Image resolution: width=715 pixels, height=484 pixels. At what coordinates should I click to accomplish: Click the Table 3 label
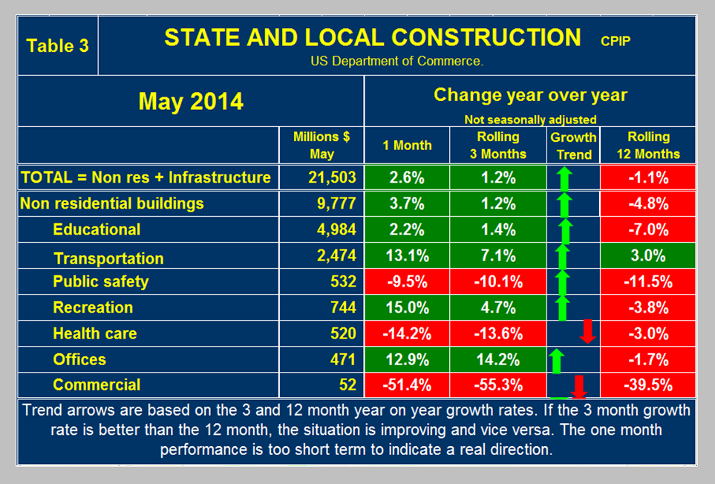pyautogui.click(x=58, y=45)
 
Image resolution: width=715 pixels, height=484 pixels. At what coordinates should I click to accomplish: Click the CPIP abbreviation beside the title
pyautogui.click(x=616, y=41)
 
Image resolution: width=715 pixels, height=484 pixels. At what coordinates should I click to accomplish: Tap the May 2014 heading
pyautogui.click(x=191, y=101)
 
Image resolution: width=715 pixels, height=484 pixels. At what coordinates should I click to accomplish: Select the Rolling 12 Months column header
pyautogui.click(x=647, y=145)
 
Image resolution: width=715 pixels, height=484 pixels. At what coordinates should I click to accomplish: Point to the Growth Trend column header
pyautogui.click(x=573, y=145)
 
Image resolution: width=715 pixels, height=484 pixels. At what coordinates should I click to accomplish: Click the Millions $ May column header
pyautogui.click(x=322, y=145)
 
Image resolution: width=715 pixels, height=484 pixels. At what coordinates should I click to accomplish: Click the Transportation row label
pyautogui.click(x=108, y=258)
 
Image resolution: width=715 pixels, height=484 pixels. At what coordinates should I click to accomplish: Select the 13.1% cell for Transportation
pyautogui.click(x=407, y=256)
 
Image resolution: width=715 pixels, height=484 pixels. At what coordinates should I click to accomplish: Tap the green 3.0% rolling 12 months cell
pyautogui.click(x=648, y=256)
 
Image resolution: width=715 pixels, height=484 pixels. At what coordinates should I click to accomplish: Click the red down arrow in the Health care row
pyautogui.click(x=587, y=331)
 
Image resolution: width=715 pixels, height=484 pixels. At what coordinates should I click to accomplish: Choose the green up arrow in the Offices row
pyautogui.click(x=556, y=362)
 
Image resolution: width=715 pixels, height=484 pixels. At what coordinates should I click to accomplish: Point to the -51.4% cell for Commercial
pyautogui.click(x=407, y=385)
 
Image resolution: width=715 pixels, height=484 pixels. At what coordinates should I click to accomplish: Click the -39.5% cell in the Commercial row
pyautogui.click(x=648, y=385)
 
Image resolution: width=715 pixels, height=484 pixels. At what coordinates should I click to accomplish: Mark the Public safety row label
pyautogui.click(x=101, y=282)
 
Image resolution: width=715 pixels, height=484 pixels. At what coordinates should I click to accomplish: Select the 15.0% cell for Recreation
pyautogui.click(x=407, y=307)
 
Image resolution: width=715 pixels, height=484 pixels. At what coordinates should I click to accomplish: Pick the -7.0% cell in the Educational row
pyautogui.click(x=648, y=229)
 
